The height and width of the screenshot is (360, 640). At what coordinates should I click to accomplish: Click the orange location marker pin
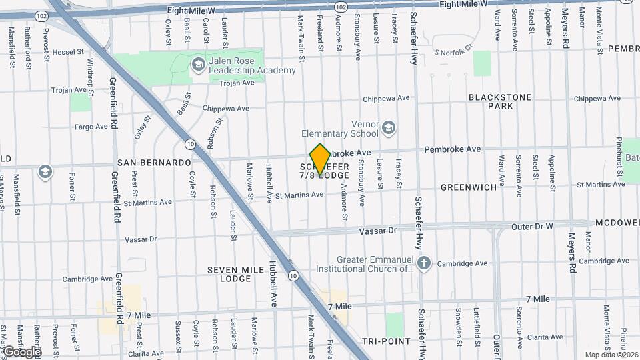pos(320,159)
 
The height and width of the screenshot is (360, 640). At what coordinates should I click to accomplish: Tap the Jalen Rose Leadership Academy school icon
pos(198,65)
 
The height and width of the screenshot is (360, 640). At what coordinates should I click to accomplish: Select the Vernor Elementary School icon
pos(389,126)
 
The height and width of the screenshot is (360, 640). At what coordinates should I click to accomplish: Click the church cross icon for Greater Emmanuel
pos(423,262)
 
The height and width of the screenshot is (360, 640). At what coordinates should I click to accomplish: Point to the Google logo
pos(22,351)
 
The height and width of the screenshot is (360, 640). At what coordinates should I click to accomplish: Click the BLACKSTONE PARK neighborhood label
pos(500,101)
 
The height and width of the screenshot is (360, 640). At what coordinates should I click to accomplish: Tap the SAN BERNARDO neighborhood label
pos(154,163)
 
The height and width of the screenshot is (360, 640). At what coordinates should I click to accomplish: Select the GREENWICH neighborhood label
pos(469,187)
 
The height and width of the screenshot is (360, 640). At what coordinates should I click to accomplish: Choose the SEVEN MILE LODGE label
pos(229,274)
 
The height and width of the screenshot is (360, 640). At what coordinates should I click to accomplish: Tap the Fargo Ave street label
pos(91,126)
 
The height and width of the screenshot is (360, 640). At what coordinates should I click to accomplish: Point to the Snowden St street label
pos(459,323)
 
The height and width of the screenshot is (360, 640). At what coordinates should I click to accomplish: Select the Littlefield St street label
pos(477,323)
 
